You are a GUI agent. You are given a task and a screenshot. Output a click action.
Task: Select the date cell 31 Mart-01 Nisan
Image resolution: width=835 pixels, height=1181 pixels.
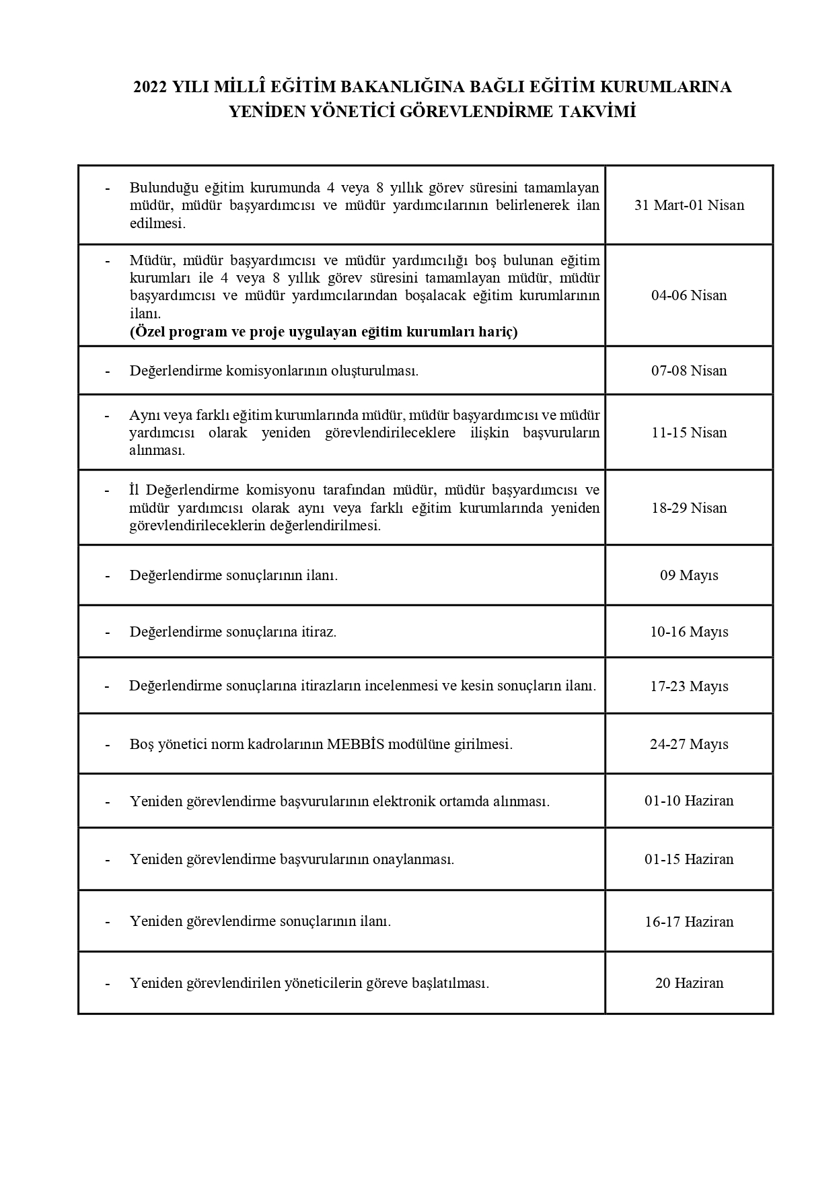tap(689, 205)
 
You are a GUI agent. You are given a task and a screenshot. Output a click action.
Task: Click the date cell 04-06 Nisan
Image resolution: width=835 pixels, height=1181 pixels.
tap(689, 295)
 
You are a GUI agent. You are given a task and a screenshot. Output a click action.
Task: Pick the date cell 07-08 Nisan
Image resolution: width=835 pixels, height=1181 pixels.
tap(689, 371)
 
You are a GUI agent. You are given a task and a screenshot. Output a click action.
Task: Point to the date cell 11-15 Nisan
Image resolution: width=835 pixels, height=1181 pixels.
tap(689, 433)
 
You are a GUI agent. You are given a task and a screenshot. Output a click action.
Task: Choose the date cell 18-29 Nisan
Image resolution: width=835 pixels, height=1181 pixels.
tap(689, 508)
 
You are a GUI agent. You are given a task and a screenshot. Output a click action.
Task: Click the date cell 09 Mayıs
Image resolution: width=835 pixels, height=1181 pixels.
tap(689, 576)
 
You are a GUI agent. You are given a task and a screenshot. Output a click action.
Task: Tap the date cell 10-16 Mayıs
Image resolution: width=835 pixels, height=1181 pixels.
tap(689, 633)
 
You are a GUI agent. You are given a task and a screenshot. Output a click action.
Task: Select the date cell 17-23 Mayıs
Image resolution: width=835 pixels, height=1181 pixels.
tap(689, 687)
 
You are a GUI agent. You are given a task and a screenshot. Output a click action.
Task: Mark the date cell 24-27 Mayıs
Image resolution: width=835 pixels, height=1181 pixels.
tap(689, 745)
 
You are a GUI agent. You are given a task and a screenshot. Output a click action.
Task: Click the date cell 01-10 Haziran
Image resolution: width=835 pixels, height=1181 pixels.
tap(689, 801)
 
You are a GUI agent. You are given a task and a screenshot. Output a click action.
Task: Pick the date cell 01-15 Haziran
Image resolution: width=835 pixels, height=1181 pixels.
tap(689, 860)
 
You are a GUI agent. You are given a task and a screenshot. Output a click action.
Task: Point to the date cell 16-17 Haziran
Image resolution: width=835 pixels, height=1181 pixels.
tap(689, 923)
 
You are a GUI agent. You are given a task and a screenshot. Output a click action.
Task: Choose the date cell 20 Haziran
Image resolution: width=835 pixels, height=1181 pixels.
tap(689, 984)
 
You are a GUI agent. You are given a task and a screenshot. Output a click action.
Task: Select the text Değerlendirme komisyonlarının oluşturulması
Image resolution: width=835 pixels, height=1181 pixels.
tap(274, 371)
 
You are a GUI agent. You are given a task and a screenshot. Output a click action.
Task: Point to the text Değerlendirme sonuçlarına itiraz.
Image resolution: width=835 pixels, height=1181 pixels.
tap(233, 633)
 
